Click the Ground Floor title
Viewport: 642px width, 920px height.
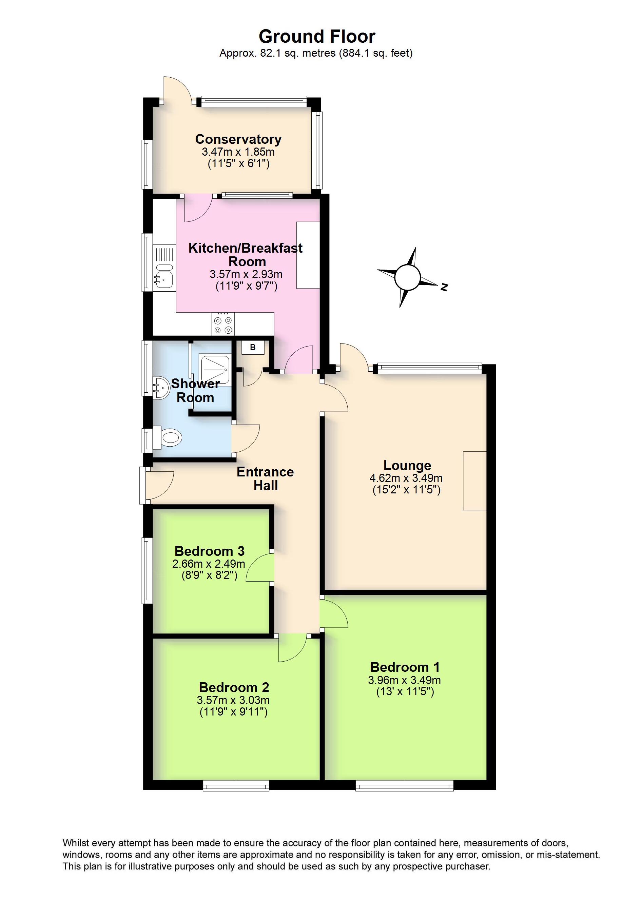[317, 37]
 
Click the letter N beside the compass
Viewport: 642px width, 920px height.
[444, 287]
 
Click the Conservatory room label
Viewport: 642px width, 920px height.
[238, 139]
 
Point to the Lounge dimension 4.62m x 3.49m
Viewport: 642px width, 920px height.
[406, 478]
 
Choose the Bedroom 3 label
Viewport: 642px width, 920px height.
[209, 551]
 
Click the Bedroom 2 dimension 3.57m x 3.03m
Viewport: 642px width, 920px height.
[233, 700]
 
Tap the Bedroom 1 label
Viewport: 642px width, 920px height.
[405, 667]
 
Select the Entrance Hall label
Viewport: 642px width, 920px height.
[265, 478]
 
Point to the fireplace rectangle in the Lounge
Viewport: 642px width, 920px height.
[474, 481]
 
